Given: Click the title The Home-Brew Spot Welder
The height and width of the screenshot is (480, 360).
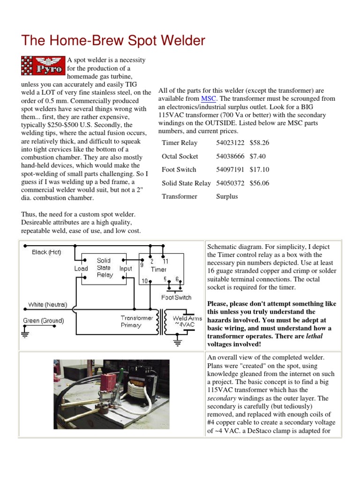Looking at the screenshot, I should coord(113,41).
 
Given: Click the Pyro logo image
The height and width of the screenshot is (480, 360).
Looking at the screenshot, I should coord(43,66).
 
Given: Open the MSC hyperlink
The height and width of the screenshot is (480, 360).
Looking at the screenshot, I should coord(208,99).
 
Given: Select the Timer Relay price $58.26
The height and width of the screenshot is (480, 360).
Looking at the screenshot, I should coord(259,143).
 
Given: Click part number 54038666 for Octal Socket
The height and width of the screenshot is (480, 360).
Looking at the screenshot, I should coord(230,157).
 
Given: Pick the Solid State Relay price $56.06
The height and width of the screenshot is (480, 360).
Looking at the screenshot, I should coord(259,183).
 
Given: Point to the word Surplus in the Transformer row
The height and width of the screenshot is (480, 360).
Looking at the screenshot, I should coord(227,197).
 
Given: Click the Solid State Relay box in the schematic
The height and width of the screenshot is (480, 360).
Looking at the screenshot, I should coord(104,268).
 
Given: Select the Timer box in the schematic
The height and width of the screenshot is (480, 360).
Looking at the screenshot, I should coord(159,269).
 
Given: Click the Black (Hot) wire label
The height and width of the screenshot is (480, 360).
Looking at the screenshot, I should coord(46,252).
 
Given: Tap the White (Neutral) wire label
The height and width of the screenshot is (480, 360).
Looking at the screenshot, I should coord(47,305).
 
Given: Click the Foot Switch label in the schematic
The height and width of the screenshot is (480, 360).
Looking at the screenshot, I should coord(176,297).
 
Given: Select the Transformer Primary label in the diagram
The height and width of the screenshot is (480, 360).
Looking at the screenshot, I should coord(137,322).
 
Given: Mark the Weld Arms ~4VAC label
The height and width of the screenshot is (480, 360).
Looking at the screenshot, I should coord(187,322).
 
